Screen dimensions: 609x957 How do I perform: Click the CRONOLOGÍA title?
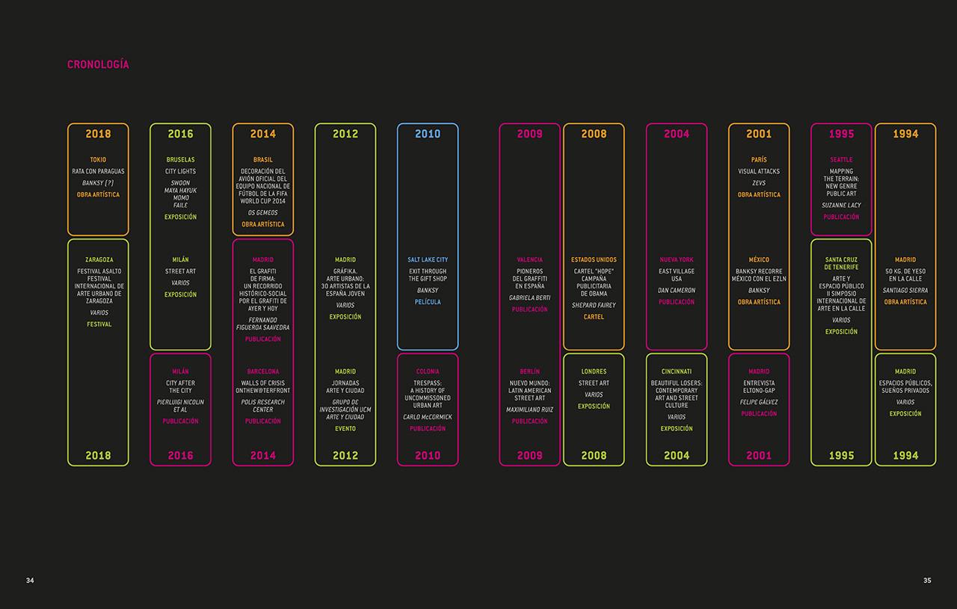98,64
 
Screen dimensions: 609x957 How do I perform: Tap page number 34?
30,581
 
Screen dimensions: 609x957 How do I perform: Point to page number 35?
927,581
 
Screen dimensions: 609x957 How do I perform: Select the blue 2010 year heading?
428,134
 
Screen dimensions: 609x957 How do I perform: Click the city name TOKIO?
98,160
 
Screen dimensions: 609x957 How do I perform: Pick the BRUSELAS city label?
180,160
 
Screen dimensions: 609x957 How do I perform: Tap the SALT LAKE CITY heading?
428,260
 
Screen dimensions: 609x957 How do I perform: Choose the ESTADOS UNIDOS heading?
594,260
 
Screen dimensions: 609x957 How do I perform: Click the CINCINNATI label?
677,371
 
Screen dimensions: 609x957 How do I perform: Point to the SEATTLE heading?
841,160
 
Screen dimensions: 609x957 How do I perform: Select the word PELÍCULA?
428,302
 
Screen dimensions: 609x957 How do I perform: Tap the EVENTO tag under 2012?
345,429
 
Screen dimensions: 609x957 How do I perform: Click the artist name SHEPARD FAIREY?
594,305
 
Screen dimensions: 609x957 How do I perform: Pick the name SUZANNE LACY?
841,205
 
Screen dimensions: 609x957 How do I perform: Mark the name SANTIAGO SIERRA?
905,291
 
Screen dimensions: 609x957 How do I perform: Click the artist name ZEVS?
759,183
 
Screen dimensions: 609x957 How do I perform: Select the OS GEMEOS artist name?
262,213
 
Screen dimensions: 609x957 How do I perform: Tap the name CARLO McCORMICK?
428,417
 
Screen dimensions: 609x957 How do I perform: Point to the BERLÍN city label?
529,371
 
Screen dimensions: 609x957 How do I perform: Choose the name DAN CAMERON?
677,291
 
